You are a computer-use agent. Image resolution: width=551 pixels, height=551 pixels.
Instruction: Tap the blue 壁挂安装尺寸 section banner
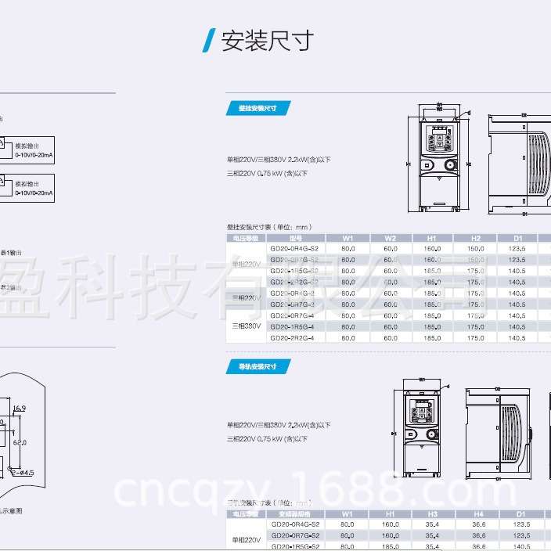tap(257, 108)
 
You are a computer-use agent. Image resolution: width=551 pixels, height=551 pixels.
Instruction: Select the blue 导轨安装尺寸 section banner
tap(257, 366)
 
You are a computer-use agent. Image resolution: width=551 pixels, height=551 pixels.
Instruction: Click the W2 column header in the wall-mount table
tap(391, 238)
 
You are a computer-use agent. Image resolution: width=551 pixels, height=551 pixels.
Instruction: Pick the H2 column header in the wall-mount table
tap(475, 238)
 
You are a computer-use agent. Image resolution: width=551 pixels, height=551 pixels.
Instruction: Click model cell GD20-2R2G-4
tap(292, 338)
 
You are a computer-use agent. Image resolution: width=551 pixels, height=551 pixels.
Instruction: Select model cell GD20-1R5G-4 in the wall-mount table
tap(292, 326)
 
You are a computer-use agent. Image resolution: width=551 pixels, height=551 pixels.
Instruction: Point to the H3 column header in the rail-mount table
tap(432, 514)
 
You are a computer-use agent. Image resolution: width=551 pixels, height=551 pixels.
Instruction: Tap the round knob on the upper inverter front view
tap(450, 165)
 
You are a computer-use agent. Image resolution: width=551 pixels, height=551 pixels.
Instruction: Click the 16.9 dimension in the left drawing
tap(20, 408)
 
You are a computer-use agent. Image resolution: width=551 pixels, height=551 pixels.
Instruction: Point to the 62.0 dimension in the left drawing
tap(20, 442)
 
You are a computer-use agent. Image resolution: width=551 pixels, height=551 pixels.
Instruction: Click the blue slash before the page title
tap(208, 41)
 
